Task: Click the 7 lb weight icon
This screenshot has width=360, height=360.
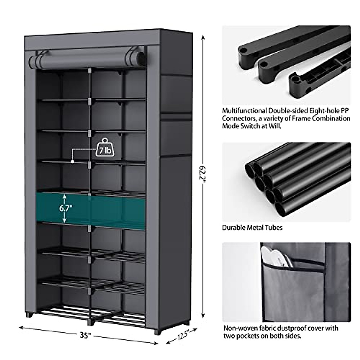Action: tap(105, 148)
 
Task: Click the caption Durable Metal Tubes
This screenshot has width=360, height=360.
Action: tap(252, 227)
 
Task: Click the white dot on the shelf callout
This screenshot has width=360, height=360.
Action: tap(72, 161)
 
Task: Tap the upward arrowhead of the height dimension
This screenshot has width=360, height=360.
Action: tap(203, 37)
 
